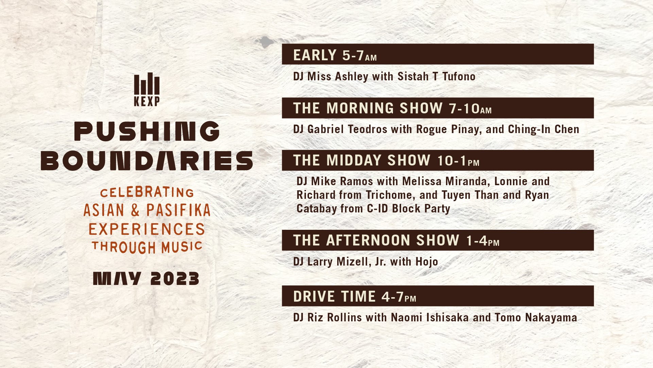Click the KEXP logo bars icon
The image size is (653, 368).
coord(147,84)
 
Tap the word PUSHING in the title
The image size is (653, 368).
coord(147,131)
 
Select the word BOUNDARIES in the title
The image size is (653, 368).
coord(147,160)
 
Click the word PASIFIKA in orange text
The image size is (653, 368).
coord(178,210)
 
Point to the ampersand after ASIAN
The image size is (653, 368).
coord(135,210)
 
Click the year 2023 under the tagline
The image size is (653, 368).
coord(175,278)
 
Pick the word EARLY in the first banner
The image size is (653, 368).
coord(315,55)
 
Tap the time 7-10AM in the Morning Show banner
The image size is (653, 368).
coord(470,108)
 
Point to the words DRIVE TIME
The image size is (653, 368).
coord(334,296)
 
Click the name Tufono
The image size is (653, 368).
coord(459,76)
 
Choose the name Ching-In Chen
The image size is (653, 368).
coord(544,129)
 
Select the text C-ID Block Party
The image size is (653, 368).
coord(409,208)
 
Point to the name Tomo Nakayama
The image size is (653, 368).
coord(536,317)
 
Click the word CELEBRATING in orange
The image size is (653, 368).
coord(147,192)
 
